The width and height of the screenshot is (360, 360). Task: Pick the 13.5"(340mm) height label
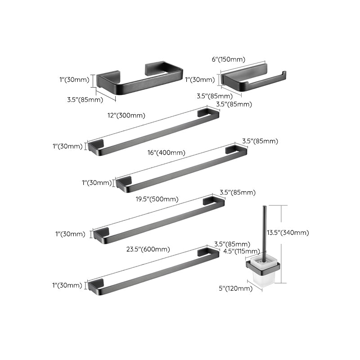[294, 233]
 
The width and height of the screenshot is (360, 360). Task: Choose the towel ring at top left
[139, 79]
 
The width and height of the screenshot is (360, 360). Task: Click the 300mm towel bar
[153, 131]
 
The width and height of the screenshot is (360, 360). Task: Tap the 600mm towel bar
[153, 269]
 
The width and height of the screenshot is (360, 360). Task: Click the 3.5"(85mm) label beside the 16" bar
[260, 141]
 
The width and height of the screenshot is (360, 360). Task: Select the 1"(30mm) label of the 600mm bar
[67, 285]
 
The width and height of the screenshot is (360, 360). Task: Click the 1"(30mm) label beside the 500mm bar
[70, 234]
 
